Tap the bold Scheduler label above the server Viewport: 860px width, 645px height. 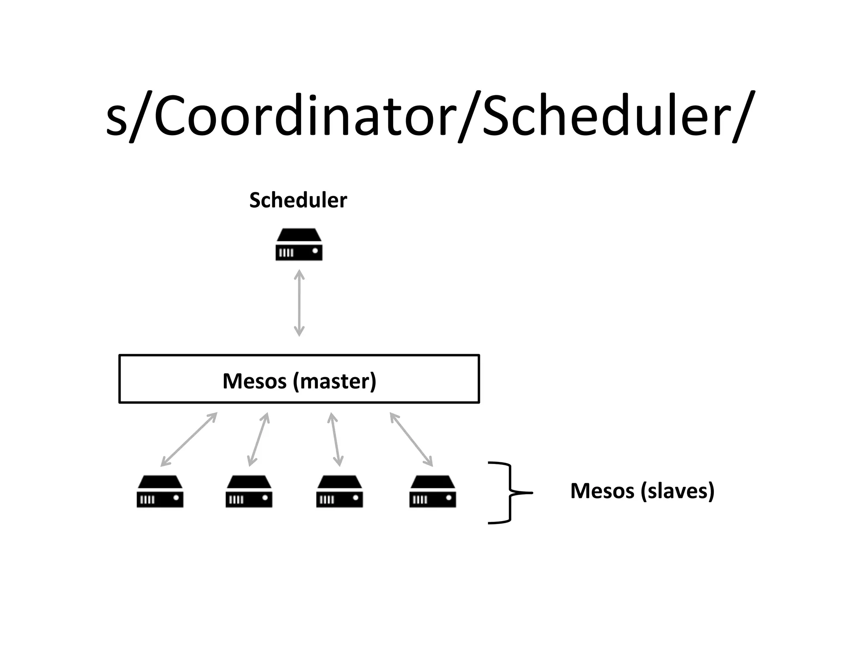(298, 200)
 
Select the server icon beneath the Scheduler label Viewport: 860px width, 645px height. (299, 244)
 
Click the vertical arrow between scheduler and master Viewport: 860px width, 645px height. (299, 303)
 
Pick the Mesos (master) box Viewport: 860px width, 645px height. (299, 379)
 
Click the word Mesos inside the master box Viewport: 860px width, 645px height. (254, 381)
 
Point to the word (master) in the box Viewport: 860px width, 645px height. (335, 381)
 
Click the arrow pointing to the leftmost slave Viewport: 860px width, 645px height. (189, 439)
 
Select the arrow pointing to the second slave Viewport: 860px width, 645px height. (258, 439)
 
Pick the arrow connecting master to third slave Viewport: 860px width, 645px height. (336, 439)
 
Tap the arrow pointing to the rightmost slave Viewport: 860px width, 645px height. (411, 439)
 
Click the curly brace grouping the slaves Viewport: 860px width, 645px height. (510, 493)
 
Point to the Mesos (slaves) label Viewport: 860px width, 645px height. (642, 490)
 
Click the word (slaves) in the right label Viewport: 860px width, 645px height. (678, 490)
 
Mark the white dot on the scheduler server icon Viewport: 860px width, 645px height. (315, 251)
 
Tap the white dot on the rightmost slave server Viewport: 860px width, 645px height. (448, 498)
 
